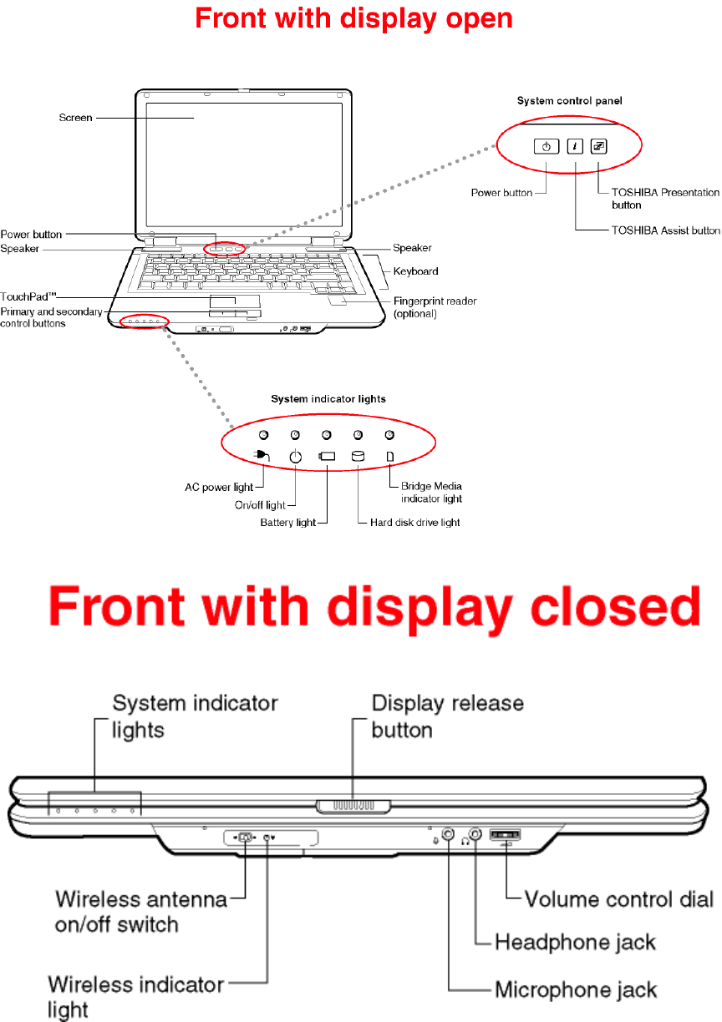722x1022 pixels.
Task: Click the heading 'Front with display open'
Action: (353, 18)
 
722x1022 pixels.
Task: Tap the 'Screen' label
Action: (75, 118)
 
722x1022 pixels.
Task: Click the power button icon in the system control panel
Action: (546, 146)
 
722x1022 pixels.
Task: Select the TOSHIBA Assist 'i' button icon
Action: (575, 146)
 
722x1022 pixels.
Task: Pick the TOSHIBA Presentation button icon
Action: (599, 146)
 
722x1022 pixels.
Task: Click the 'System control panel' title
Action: (568, 100)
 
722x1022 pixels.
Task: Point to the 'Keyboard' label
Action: (415, 271)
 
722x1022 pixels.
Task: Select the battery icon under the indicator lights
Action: (327, 457)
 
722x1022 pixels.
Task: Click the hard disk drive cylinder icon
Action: (358, 457)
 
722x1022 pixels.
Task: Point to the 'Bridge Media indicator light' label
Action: (431, 492)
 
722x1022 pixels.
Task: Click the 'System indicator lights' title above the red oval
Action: (328, 399)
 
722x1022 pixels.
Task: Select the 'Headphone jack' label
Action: (576, 943)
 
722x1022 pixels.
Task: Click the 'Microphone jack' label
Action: (576, 990)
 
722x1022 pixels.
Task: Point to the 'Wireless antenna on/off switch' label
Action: (141, 912)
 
